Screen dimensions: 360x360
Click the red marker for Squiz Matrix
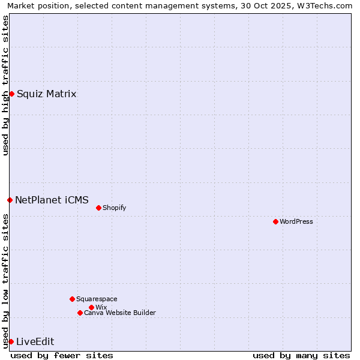click(11, 94)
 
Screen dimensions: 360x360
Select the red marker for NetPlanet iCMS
click(10, 200)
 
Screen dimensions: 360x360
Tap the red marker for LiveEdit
click(11, 341)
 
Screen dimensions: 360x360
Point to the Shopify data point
click(98, 208)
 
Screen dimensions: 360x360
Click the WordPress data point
click(275, 221)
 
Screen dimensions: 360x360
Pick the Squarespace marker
click(72, 299)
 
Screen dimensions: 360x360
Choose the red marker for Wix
click(91, 307)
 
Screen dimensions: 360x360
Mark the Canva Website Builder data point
click(80, 313)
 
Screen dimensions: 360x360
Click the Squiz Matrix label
click(46, 94)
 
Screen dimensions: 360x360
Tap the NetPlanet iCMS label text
click(52, 200)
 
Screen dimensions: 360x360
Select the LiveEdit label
click(35, 341)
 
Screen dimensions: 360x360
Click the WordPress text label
click(296, 221)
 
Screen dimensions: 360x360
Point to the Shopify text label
click(114, 208)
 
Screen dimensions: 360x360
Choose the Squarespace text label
click(97, 299)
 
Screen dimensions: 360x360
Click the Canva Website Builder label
click(120, 313)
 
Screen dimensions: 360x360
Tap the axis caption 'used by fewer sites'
click(62, 355)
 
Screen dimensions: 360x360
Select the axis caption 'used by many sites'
click(301, 355)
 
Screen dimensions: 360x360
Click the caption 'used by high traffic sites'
click(5, 85)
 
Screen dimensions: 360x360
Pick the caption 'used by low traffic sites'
click(5, 281)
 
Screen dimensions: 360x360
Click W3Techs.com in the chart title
click(325, 5)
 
